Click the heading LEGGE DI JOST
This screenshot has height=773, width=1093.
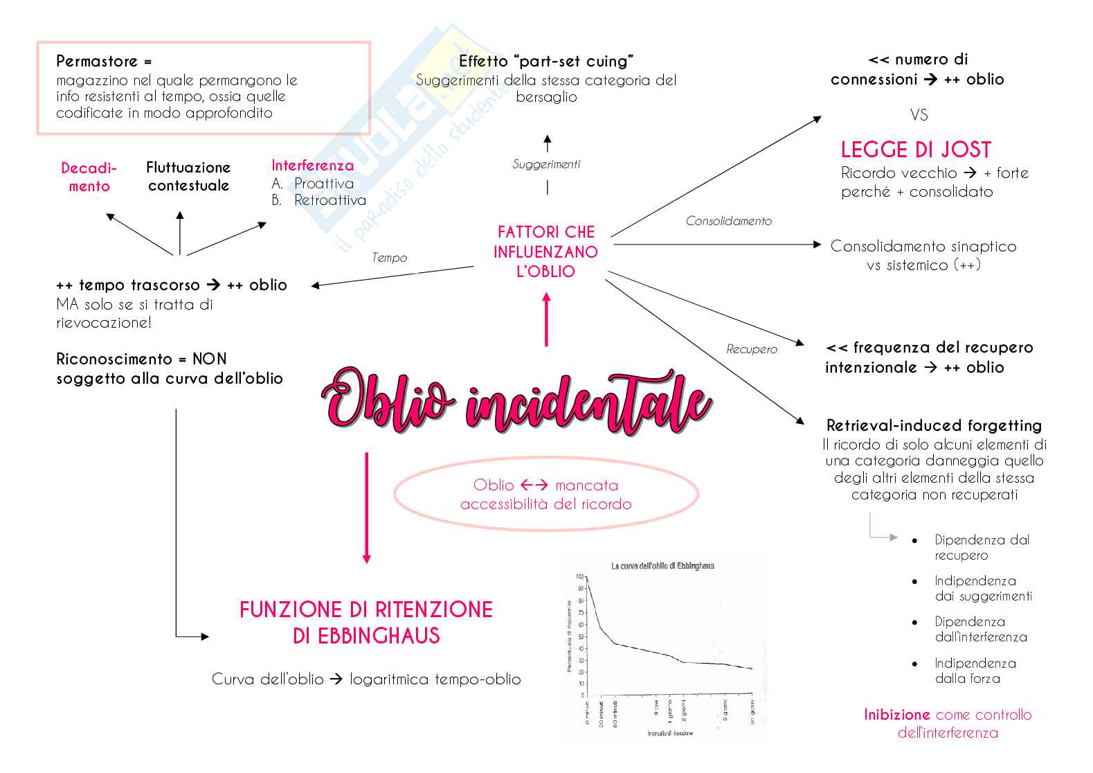point(916,150)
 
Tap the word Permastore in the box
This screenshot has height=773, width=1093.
point(97,61)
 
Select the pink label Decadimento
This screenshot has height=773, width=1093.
point(89,177)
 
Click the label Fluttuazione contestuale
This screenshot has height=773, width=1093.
point(188,176)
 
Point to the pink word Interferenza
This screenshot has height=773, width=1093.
point(312,166)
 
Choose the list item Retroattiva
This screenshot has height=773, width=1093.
point(329,200)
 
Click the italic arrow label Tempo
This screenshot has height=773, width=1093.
point(389,258)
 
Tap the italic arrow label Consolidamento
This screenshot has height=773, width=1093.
point(728,221)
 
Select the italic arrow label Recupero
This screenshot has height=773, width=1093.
point(751,349)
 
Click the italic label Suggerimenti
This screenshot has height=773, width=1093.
point(546,164)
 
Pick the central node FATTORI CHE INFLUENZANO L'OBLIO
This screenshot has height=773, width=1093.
point(545,251)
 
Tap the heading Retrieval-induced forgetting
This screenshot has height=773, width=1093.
point(934,425)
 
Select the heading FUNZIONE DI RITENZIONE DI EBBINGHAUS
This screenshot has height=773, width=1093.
point(366,622)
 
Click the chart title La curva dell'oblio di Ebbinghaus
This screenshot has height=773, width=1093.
point(662,566)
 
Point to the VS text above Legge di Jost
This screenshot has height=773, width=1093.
point(919,115)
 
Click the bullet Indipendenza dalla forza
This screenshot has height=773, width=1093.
point(975,670)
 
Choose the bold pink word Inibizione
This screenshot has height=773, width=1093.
point(896,715)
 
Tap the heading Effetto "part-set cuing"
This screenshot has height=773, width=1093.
point(546,61)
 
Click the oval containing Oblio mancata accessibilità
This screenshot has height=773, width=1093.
point(545,495)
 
